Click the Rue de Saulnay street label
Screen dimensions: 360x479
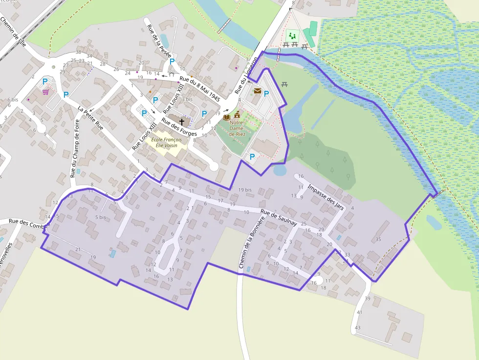(279, 218)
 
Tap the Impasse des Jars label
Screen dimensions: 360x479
(327, 197)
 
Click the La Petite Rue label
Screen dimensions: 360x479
(91, 118)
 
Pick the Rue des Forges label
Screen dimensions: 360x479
(179, 127)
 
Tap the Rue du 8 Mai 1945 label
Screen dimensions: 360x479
(200, 88)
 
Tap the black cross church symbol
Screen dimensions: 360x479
(182, 121)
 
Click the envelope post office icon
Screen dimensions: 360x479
(258, 91)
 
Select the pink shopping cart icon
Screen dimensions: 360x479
(45, 92)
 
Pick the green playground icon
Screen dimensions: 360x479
(293, 36)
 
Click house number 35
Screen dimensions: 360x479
(378, 239)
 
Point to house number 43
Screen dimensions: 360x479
(358, 327)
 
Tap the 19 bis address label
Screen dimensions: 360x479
(245, 190)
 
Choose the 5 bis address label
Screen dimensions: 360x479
(101, 217)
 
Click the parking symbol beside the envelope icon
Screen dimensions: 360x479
(266, 93)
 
